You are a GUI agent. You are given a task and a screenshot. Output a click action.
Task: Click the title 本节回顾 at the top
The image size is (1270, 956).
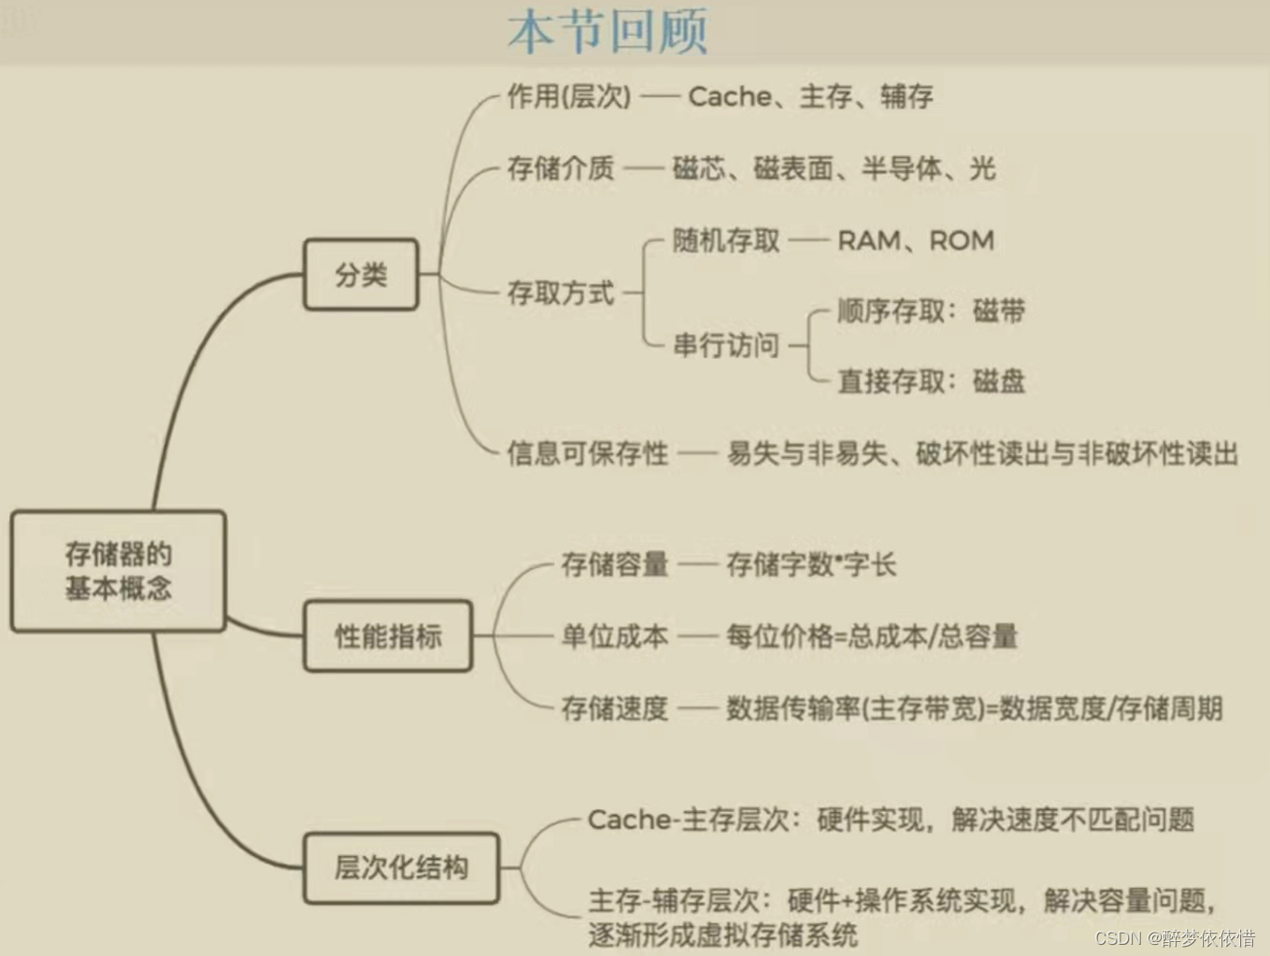607,32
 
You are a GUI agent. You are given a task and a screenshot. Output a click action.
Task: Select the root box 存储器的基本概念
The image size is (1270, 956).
118,571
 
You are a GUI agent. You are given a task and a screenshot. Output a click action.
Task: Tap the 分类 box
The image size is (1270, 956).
361,275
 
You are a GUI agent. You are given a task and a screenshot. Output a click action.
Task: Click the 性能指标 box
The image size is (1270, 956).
388,636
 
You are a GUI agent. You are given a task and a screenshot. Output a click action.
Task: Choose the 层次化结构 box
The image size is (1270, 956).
401,868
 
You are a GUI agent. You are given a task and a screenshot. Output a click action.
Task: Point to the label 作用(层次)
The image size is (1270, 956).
568,96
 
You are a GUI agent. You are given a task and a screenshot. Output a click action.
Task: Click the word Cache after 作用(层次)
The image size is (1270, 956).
729,96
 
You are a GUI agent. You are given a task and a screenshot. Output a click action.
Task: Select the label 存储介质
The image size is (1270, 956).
560,168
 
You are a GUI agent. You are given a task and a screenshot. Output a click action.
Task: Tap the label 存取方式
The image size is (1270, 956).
560,293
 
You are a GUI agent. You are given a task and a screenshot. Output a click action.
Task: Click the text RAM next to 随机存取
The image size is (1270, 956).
868,241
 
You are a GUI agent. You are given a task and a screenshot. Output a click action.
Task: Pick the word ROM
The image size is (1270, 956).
962,241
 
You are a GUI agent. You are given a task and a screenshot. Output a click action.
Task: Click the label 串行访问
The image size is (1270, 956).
726,346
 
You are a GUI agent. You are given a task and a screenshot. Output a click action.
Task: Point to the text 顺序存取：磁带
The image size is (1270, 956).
931,311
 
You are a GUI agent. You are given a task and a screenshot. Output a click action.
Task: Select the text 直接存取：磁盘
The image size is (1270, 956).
931,381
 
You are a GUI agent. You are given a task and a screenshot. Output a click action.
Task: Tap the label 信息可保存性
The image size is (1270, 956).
587,454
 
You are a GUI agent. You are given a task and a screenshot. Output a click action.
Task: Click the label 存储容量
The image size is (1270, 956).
614,564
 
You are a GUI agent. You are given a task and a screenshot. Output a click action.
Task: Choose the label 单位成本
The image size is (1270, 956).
614,636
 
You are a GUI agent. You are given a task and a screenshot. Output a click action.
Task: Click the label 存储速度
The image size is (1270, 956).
614,708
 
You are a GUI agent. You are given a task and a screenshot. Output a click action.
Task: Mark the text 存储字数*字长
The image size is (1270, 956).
811,564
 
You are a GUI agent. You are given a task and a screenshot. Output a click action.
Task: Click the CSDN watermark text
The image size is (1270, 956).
1174,937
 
